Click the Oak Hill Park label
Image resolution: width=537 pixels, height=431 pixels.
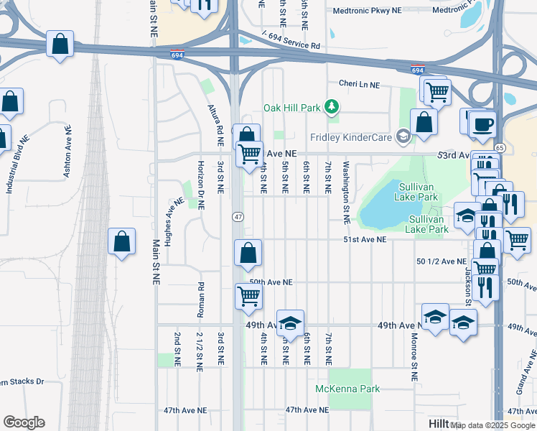click(x=291, y=108)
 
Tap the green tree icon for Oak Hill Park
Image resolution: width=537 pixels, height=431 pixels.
click(x=331, y=108)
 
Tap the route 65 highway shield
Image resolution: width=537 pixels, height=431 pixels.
click(x=500, y=147)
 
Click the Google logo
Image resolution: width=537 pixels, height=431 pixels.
click(x=24, y=422)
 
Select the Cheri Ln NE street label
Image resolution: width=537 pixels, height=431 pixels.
click(x=359, y=85)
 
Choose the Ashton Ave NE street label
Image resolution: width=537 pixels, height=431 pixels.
click(x=67, y=150)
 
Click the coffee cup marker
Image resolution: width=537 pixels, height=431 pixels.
click(x=482, y=124)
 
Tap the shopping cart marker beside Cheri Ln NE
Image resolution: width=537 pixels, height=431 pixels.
click(x=437, y=91)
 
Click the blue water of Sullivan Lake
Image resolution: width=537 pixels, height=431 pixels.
click(x=388, y=205)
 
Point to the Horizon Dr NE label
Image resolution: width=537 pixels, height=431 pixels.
click(x=200, y=185)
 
